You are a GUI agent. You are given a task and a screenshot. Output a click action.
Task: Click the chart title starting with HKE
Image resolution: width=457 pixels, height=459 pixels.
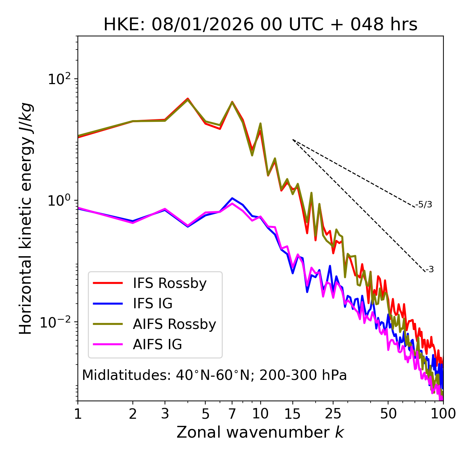[x=260, y=25]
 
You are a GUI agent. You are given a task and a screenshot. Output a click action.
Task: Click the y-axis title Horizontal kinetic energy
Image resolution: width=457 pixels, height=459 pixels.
[x=26, y=218]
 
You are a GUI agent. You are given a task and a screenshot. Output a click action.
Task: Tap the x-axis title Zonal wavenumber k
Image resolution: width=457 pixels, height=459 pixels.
[x=260, y=432]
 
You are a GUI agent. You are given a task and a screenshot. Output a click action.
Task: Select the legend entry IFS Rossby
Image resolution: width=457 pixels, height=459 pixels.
[x=170, y=283]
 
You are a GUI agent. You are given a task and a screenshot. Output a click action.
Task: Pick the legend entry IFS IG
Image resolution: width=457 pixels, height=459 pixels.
[x=152, y=304]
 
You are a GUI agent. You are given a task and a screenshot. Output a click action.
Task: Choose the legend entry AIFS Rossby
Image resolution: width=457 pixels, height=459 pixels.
[x=174, y=324]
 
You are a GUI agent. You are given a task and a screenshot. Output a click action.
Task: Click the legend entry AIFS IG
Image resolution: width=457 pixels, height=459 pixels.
[x=157, y=345]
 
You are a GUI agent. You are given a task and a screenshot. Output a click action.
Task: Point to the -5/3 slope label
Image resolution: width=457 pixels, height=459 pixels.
[x=424, y=205]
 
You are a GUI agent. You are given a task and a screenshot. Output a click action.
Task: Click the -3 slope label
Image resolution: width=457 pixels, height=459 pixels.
[x=430, y=269]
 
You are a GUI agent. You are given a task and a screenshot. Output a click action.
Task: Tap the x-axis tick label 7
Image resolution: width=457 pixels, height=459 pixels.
[x=232, y=414]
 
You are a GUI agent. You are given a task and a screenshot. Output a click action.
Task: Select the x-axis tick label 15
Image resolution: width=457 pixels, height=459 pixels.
[x=293, y=414]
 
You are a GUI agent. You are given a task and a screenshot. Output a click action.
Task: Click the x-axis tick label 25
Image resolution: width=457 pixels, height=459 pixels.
[x=333, y=414]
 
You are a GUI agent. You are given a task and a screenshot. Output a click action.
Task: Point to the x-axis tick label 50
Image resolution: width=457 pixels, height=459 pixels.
[x=388, y=414]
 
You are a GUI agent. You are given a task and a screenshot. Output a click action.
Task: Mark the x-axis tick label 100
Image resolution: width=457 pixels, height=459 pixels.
[x=443, y=414]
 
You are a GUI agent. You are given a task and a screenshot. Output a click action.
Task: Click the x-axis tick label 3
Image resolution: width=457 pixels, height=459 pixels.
[x=165, y=414]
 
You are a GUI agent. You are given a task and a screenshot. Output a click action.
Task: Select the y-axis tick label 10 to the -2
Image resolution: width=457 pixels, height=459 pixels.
[x=57, y=322]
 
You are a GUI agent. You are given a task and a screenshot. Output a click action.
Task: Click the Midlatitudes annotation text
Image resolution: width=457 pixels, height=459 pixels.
[x=214, y=375]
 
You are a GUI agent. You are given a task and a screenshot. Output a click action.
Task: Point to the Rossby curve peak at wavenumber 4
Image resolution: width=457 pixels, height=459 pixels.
[x=188, y=99]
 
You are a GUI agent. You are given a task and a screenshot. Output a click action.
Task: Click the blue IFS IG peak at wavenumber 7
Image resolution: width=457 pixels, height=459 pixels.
[x=232, y=198]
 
